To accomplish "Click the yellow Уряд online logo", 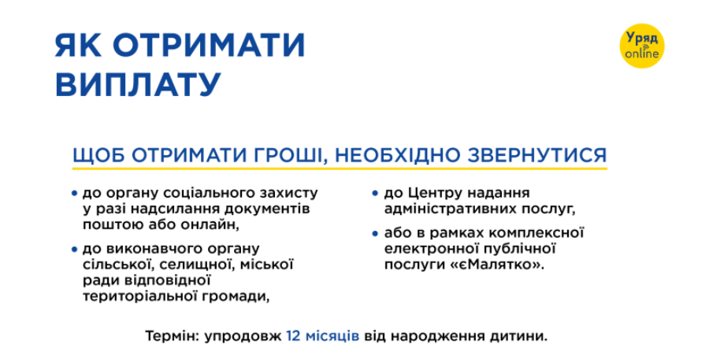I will point(644,45).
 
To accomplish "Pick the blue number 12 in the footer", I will point(294,336).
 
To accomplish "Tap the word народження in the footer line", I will point(451,336).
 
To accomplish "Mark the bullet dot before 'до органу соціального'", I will point(74,192).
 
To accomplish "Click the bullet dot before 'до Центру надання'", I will point(376,192).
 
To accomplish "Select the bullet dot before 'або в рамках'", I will point(376,233).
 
